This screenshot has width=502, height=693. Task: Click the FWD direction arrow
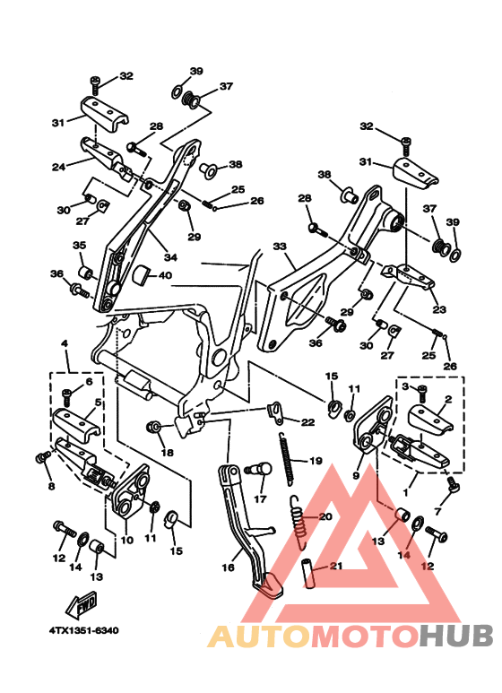[82, 603]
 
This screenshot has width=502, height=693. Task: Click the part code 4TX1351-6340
[84, 630]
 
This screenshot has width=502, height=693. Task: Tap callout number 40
[165, 275]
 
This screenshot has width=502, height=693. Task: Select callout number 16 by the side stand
[228, 567]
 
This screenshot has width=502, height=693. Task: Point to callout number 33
[280, 247]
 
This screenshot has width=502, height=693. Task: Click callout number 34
[170, 257]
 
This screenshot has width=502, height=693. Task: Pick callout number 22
[308, 422]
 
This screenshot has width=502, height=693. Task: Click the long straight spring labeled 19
[287, 459]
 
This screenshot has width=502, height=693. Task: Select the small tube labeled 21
[308, 573]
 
